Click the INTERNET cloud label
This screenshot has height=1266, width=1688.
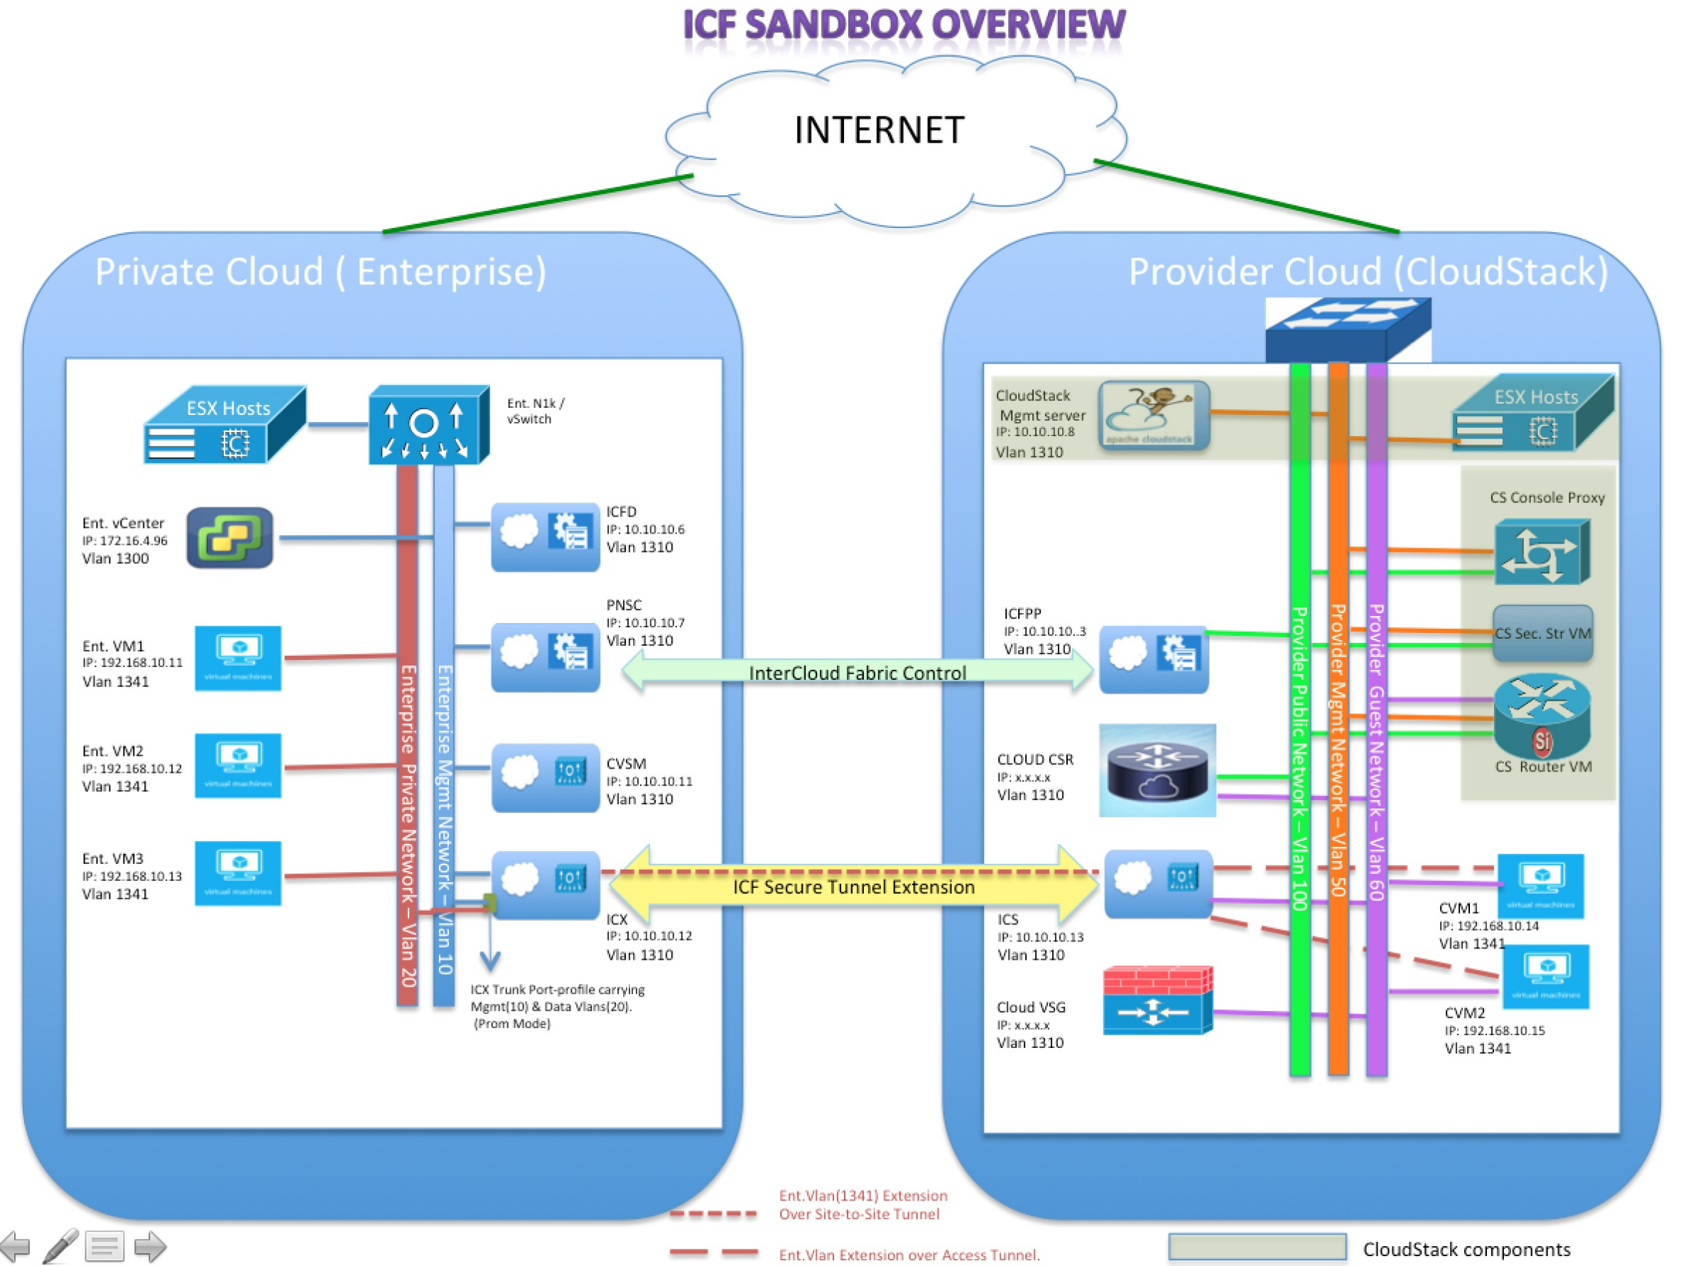(879, 130)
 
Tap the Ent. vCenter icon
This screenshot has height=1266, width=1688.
(229, 537)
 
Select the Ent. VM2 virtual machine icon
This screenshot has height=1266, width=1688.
(237, 764)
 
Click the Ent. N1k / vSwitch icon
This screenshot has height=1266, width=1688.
(428, 424)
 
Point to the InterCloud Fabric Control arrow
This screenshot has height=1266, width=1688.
(857, 672)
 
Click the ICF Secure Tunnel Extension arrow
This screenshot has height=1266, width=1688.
(854, 887)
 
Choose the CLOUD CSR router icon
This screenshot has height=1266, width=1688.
(1157, 770)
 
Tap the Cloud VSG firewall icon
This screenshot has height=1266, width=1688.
(1157, 1000)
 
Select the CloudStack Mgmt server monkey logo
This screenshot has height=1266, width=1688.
(1153, 414)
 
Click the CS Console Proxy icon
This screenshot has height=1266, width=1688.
(1542, 552)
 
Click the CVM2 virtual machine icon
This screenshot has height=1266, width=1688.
(1545, 977)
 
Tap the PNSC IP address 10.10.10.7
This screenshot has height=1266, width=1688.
(645, 622)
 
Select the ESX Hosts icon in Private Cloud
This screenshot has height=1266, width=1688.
(225, 425)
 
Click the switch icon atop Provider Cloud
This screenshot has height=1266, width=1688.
(1348, 329)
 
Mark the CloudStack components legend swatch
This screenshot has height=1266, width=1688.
(1256, 1246)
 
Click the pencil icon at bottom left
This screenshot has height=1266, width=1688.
(61, 1246)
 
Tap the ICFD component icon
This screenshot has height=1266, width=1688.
(545, 536)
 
